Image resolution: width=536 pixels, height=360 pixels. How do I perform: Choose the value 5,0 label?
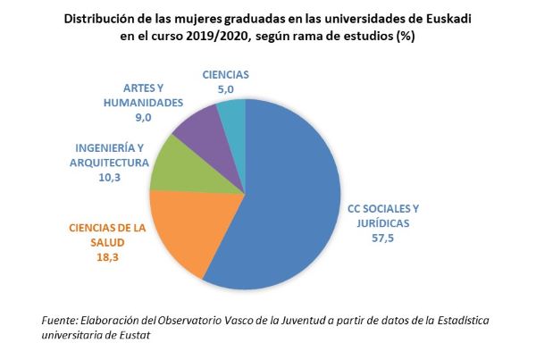tap(225, 89)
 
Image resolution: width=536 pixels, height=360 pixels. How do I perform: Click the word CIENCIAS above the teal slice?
tap(225, 75)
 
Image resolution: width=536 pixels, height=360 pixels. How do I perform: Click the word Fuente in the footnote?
tap(60, 320)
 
